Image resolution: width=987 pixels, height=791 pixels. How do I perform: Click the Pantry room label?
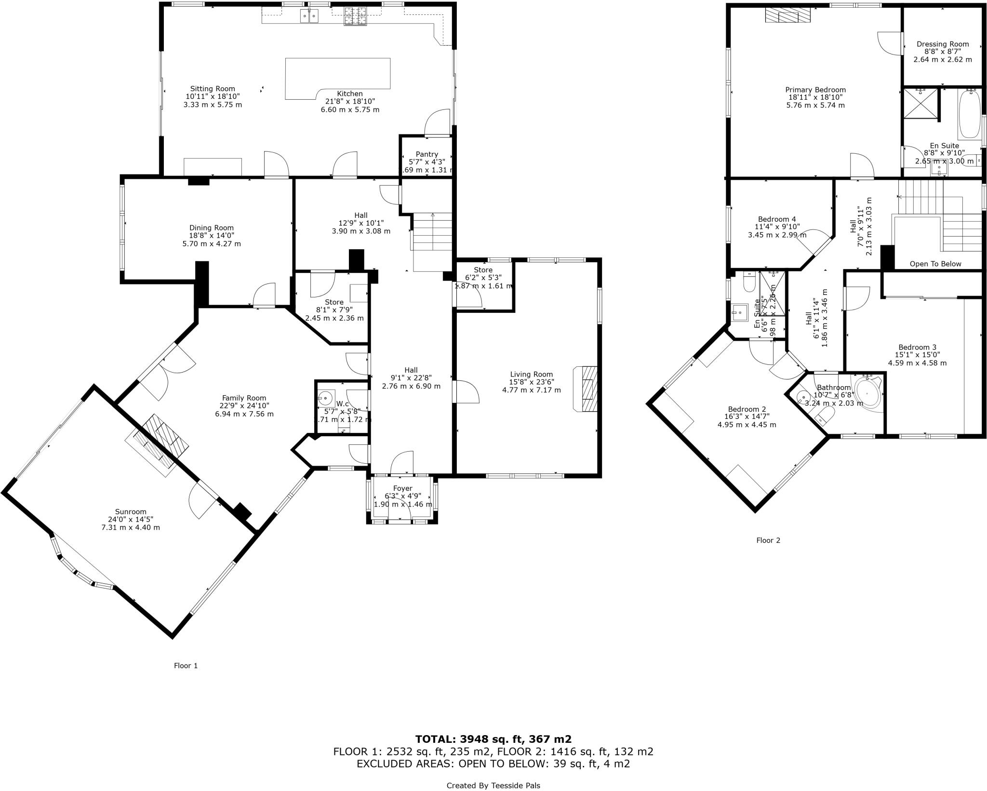(x=427, y=154)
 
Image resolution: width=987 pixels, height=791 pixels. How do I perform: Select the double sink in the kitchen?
(x=309, y=17)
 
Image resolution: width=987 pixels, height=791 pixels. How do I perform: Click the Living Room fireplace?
(x=586, y=389)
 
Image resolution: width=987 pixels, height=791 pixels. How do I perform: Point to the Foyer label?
(x=402, y=488)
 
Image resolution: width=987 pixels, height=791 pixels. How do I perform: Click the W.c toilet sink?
(x=326, y=398)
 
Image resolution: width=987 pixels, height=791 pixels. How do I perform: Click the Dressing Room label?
(x=942, y=44)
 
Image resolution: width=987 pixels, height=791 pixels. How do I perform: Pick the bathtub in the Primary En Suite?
(x=968, y=114)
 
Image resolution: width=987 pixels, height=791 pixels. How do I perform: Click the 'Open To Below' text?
(x=935, y=264)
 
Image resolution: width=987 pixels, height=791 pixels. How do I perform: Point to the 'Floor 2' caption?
(x=768, y=540)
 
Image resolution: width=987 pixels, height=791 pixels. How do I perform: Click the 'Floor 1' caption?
(x=186, y=666)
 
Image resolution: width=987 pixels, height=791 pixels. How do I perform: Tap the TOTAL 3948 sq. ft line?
(x=493, y=739)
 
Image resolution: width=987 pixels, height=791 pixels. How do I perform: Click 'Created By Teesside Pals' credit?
(x=493, y=785)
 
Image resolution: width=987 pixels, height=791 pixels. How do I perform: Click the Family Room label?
(x=244, y=398)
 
